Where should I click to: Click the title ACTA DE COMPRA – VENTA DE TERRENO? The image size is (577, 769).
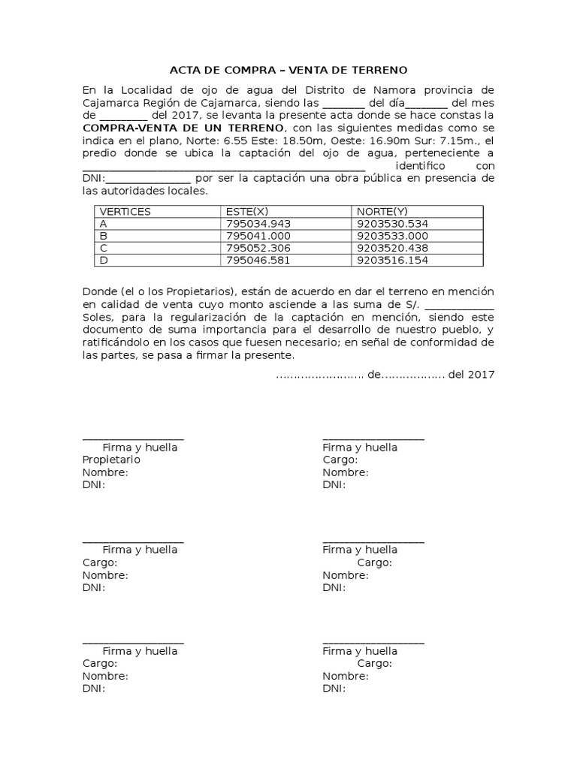[288, 70]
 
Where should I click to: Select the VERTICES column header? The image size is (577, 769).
[125, 212]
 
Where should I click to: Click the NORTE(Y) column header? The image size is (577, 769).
[382, 212]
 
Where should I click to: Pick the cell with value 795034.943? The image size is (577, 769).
[258, 224]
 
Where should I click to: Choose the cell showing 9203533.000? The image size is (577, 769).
[392, 236]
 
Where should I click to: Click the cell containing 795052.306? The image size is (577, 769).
[258, 248]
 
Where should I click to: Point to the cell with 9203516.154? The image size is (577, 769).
[392, 260]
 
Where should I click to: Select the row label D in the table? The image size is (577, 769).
[104, 260]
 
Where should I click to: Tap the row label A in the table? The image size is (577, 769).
[104, 224]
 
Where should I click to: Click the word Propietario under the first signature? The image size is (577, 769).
[111, 460]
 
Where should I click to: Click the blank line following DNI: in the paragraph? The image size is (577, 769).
[149, 178]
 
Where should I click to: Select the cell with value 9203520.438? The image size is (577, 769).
[392, 248]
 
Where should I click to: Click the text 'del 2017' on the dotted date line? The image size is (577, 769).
[471, 374]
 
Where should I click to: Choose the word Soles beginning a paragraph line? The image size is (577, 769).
[96, 317]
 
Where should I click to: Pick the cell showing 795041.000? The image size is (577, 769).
[258, 236]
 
